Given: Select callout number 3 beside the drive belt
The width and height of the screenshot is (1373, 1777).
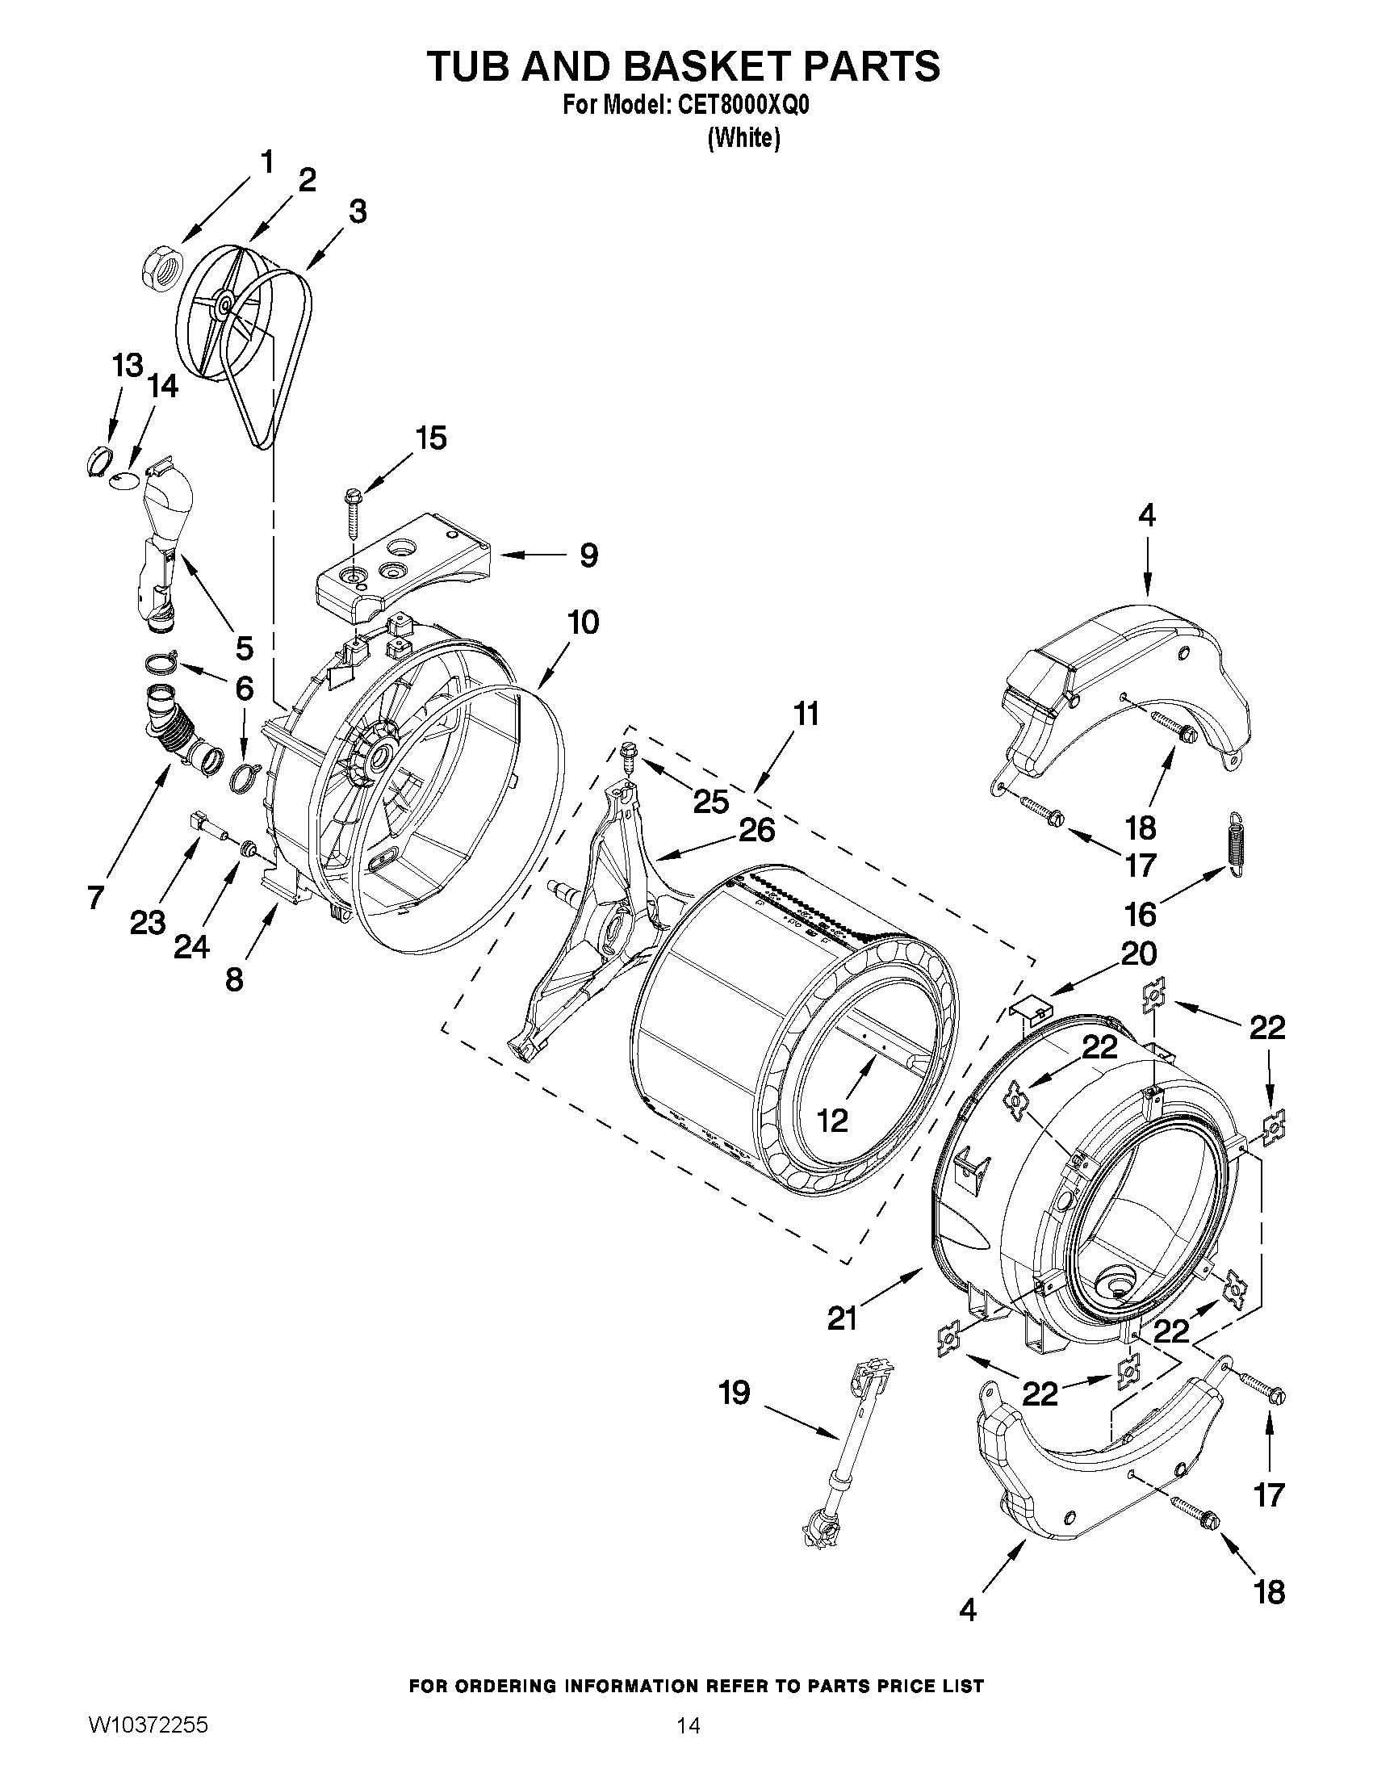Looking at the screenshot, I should coord(358,212).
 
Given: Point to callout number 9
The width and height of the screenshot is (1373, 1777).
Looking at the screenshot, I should coord(589,555).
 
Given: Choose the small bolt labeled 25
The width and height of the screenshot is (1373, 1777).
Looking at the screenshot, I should coord(629,756).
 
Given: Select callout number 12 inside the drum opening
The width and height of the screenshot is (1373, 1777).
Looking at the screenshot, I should coord(832,1121).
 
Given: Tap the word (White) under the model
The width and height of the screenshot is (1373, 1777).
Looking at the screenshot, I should coord(744,139).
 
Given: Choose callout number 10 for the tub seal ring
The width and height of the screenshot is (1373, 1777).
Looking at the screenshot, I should coord(584,622).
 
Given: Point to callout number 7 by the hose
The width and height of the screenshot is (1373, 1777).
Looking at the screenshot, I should coord(95,898).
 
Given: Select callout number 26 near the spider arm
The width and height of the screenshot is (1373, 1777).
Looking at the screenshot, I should coord(757,829).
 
